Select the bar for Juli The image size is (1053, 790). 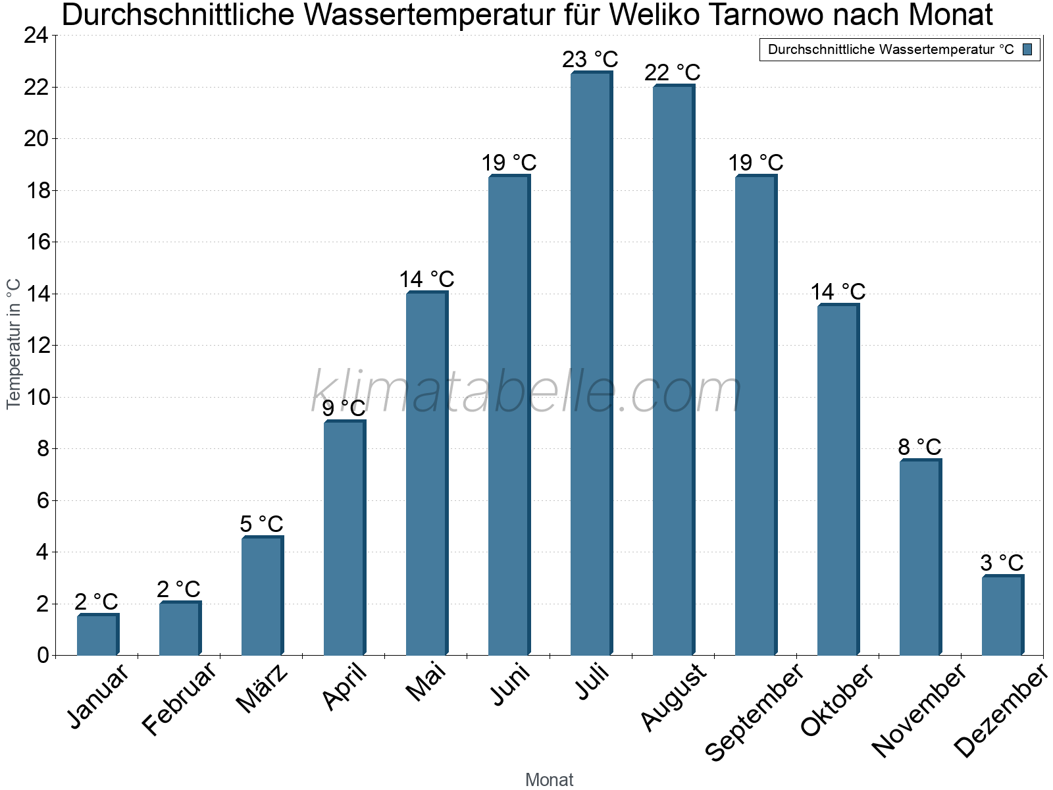[591, 363]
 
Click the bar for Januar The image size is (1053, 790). [97, 635]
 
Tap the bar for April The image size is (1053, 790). [344, 538]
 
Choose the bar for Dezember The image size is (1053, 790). [1002, 615]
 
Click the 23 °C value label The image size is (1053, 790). [590, 59]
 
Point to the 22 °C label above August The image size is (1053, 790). [672, 72]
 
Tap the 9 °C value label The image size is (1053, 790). [344, 408]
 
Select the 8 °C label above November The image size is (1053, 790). [919, 447]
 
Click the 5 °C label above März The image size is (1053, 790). [261, 524]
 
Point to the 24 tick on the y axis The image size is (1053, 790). [36, 36]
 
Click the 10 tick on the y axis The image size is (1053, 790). [36, 397]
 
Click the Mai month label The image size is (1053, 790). [426, 682]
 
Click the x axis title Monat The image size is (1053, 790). [549, 779]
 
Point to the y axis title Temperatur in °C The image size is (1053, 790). [14, 344]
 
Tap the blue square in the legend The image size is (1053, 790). [1027, 49]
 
